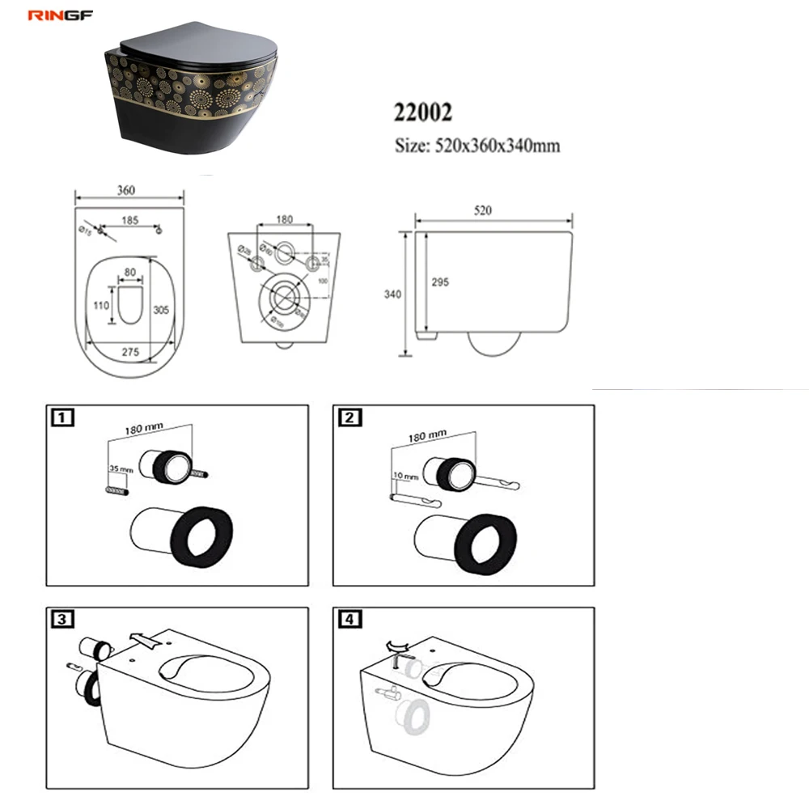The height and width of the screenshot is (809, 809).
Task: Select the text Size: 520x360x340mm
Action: coord(477,146)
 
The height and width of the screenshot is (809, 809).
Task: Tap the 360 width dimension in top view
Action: coord(125,190)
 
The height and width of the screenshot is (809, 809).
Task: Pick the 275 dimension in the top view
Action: coord(130,353)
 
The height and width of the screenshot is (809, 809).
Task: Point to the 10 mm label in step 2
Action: coord(402,475)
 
